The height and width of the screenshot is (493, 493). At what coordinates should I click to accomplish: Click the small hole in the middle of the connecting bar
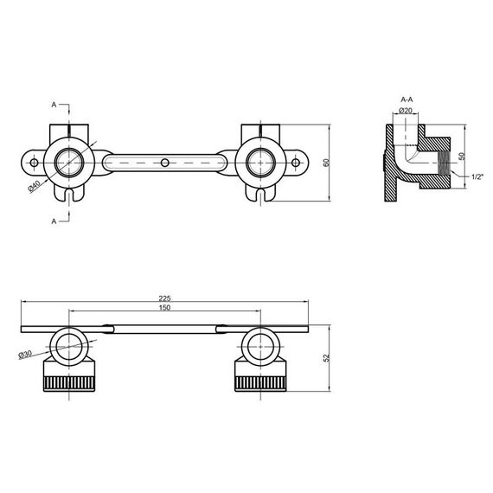pos(164,162)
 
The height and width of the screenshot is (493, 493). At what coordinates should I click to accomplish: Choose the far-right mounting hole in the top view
pos(296,162)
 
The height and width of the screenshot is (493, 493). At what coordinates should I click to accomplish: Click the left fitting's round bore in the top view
pos(67,162)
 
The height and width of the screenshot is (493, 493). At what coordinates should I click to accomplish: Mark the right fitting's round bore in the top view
pos(261,162)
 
